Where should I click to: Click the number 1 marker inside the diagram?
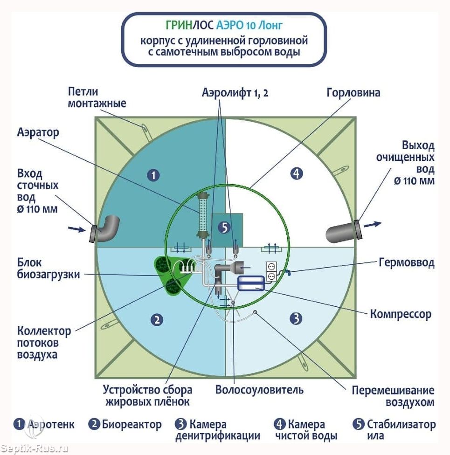153,175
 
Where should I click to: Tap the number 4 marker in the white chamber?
297,173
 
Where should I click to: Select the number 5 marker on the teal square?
224,227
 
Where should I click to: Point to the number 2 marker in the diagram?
157,320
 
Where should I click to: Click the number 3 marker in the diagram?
296,318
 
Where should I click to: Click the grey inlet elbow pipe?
106,229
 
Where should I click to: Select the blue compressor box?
251,283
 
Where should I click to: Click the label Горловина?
353,93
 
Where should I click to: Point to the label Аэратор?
38,132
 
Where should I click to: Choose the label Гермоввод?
407,262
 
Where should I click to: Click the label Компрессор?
401,314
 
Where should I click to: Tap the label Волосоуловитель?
259,390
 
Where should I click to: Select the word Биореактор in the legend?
132,425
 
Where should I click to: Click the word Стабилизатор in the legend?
401,424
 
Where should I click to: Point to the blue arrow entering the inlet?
76,229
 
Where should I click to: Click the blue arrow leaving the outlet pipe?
373,224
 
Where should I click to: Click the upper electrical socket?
271,266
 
